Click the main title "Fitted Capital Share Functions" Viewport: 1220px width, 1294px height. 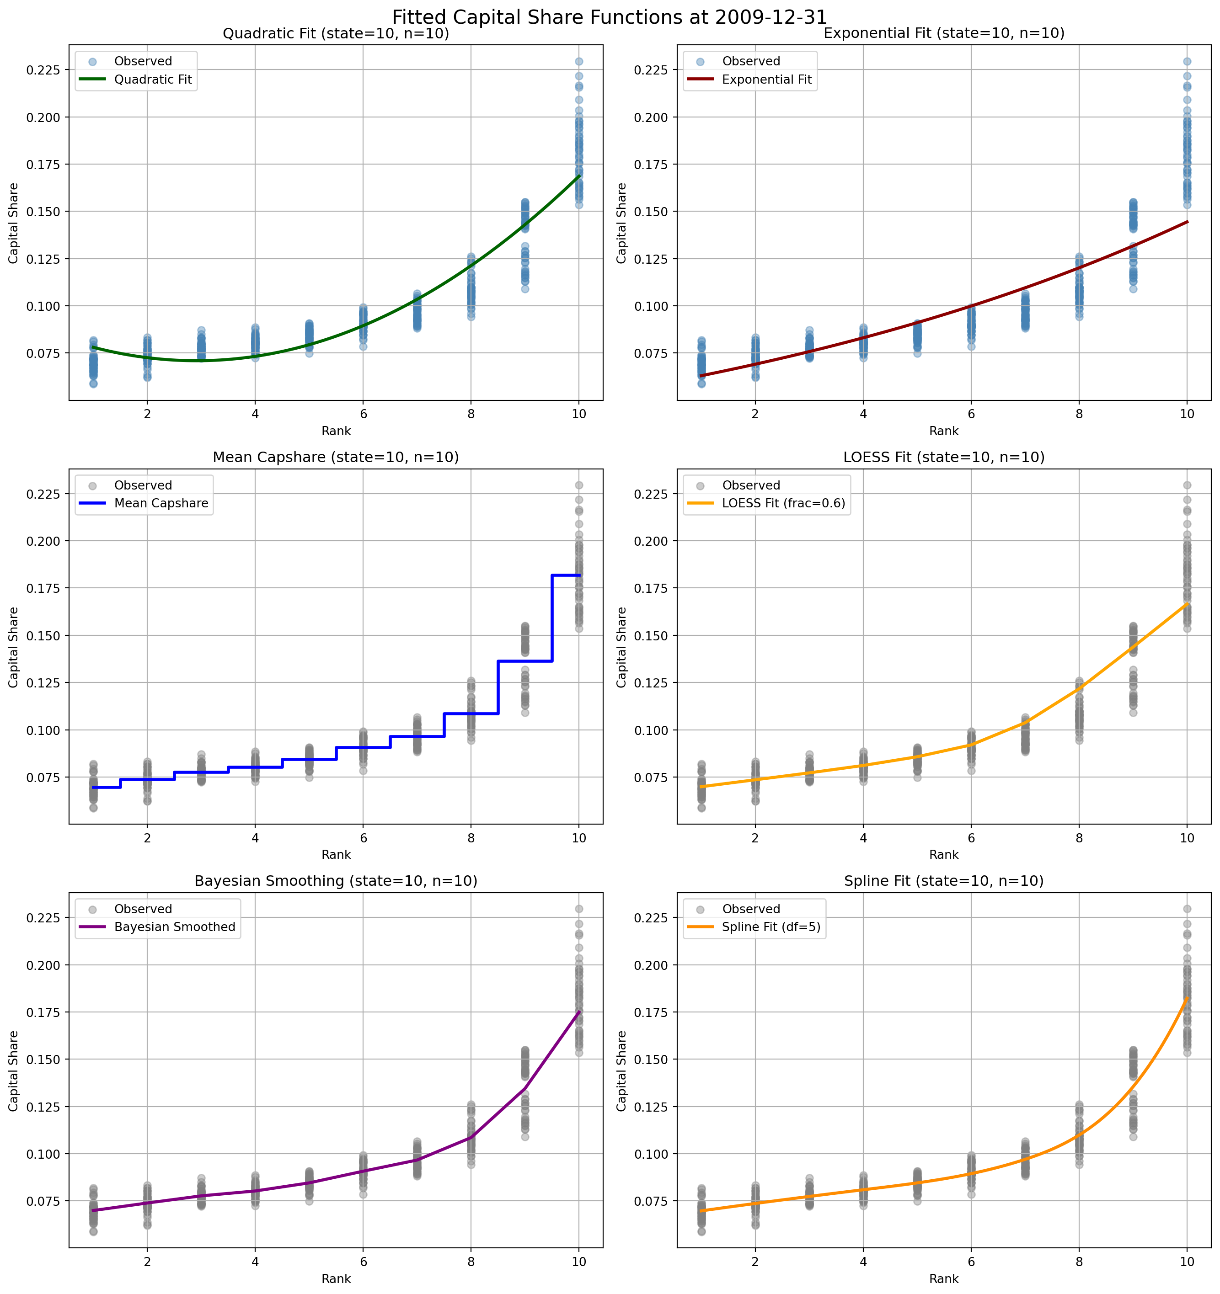coord(610,16)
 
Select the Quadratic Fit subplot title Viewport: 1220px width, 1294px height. coord(336,34)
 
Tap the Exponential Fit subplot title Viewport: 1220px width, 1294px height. coord(944,34)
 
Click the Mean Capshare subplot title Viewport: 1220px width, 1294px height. coord(336,458)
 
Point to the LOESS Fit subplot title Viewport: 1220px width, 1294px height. coord(944,458)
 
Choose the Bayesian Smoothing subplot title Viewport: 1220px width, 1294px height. coord(336,881)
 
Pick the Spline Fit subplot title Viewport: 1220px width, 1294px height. coord(944,881)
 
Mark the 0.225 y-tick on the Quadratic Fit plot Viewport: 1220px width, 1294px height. coord(43,70)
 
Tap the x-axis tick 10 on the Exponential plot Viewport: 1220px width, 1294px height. coord(1187,414)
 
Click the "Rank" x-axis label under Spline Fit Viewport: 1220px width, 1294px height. coord(944,1279)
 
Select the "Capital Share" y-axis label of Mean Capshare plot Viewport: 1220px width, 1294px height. coord(14,648)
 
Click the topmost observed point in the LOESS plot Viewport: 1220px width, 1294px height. coord(1187,485)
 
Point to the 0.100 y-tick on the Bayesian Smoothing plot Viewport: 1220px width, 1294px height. coord(43,1154)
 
